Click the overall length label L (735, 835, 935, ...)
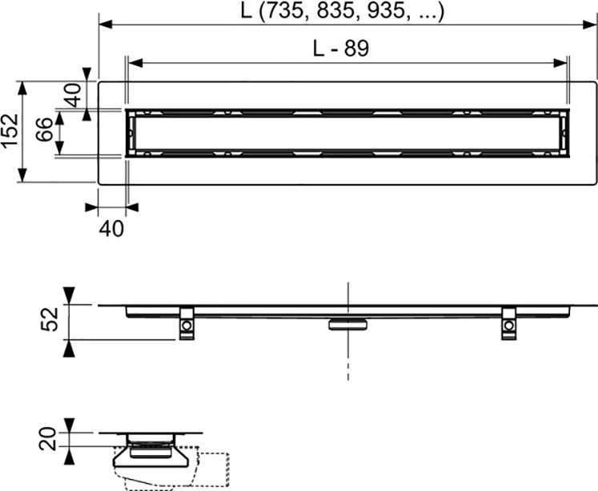point(342,10)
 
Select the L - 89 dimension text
point(341,48)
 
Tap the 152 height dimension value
point(10,130)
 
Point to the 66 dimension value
point(44,130)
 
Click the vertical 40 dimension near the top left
point(73,94)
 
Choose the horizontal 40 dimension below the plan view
point(111,229)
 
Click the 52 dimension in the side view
point(50,319)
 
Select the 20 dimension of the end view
point(48,439)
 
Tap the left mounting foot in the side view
point(187,323)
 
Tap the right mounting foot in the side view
point(508,323)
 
